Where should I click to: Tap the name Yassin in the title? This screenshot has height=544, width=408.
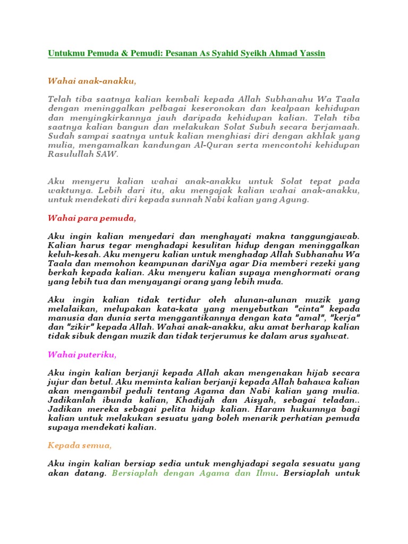pos(310,53)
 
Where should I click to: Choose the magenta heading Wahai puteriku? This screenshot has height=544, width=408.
pos(82,354)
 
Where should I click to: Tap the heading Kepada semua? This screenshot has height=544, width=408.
pos(80,445)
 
